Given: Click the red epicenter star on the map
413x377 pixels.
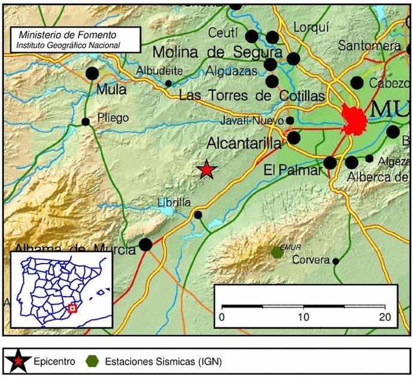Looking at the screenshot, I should tap(206, 170).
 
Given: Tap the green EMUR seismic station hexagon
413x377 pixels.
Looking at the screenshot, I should tap(277, 252).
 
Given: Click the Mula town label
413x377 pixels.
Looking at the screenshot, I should tap(111, 90).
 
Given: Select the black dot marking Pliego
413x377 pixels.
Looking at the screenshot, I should tap(86, 122).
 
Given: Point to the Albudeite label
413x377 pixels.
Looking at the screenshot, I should tap(159, 71).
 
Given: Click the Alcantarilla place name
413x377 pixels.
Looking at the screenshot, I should tap(244, 144).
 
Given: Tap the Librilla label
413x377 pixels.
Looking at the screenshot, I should tap(174, 202).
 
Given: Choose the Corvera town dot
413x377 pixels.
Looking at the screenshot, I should tap(336, 261).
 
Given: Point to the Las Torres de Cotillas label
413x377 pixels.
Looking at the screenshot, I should tap(252, 96).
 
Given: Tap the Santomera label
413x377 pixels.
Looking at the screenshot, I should tap(369, 46).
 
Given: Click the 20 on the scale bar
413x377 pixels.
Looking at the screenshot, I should tap(385, 316).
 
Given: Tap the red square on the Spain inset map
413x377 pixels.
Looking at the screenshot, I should tap(72, 308).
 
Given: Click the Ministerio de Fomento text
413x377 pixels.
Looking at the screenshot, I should tap(68, 35).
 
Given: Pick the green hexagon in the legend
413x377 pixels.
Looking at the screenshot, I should tap(92, 361).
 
